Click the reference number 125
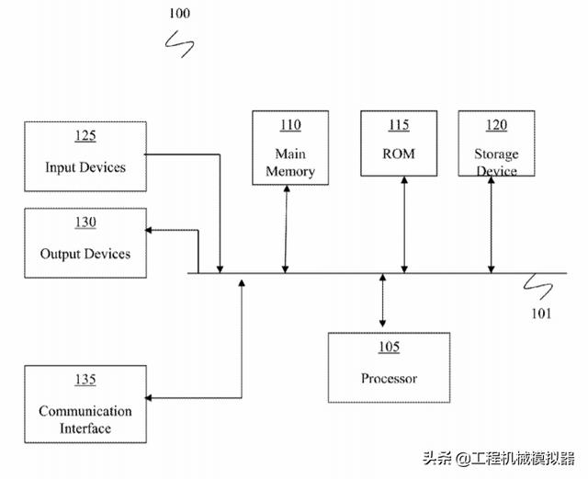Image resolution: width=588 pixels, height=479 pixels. pyautogui.click(x=85, y=136)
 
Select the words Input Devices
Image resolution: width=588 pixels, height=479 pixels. pyautogui.click(x=85, y=167)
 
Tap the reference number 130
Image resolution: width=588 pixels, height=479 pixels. pyautogui.click(x=85, y=222)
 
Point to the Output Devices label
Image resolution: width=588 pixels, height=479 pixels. pyautogui.click(x=85, y=254)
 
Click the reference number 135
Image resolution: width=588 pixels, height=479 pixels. pyautogui.click(x=85, y=379)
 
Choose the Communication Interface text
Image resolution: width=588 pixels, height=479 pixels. pyautogui.click(x=85, y=419)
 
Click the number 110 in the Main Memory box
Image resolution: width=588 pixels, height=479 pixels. pyautogui.click(x=290, y=125)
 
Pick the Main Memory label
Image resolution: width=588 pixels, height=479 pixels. pyautogui.click(x=290, y=163)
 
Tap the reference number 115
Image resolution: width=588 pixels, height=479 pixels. pyautogui.click(x=399, y=125)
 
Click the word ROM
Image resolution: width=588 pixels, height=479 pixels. pyautogui.click(x=399, y=154)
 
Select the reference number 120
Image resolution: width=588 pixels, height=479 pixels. pyautogui.click(x=496, y=125)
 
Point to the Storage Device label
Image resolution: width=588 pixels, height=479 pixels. pyautogui.click(x=496, y=162)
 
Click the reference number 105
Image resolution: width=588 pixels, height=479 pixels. pyautogui.click(x=389, y=347)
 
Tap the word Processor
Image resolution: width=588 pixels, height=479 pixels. pyautogui.click(x=389, y=378)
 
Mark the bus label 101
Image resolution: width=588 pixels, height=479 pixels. pyautogui.click(x=541, y=314)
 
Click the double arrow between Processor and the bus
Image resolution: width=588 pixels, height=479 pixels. pyautogui.click(x=383, y=302)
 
